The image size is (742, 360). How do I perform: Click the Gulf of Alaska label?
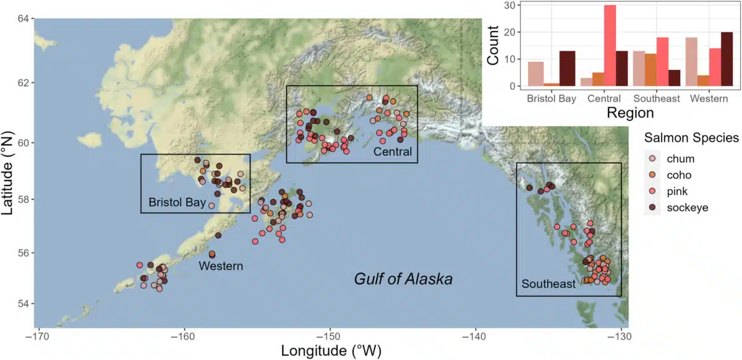(403, 279)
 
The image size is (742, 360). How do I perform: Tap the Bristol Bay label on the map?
(177, 203)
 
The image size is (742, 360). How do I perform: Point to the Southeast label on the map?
(548, 285)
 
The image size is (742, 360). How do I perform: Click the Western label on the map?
(220, 267)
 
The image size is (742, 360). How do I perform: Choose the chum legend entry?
(680, 159)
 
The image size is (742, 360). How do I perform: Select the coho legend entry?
(679, 175)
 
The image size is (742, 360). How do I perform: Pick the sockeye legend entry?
(687, 207)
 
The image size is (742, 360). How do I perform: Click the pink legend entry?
(678, 191)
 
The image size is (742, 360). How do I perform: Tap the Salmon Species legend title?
(691, 137)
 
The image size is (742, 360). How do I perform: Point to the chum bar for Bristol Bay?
(536, 74)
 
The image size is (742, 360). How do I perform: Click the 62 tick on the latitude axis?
(25, 82)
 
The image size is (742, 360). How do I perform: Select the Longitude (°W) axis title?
(331, 351)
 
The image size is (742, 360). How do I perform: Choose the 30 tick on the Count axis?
(511, 6)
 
